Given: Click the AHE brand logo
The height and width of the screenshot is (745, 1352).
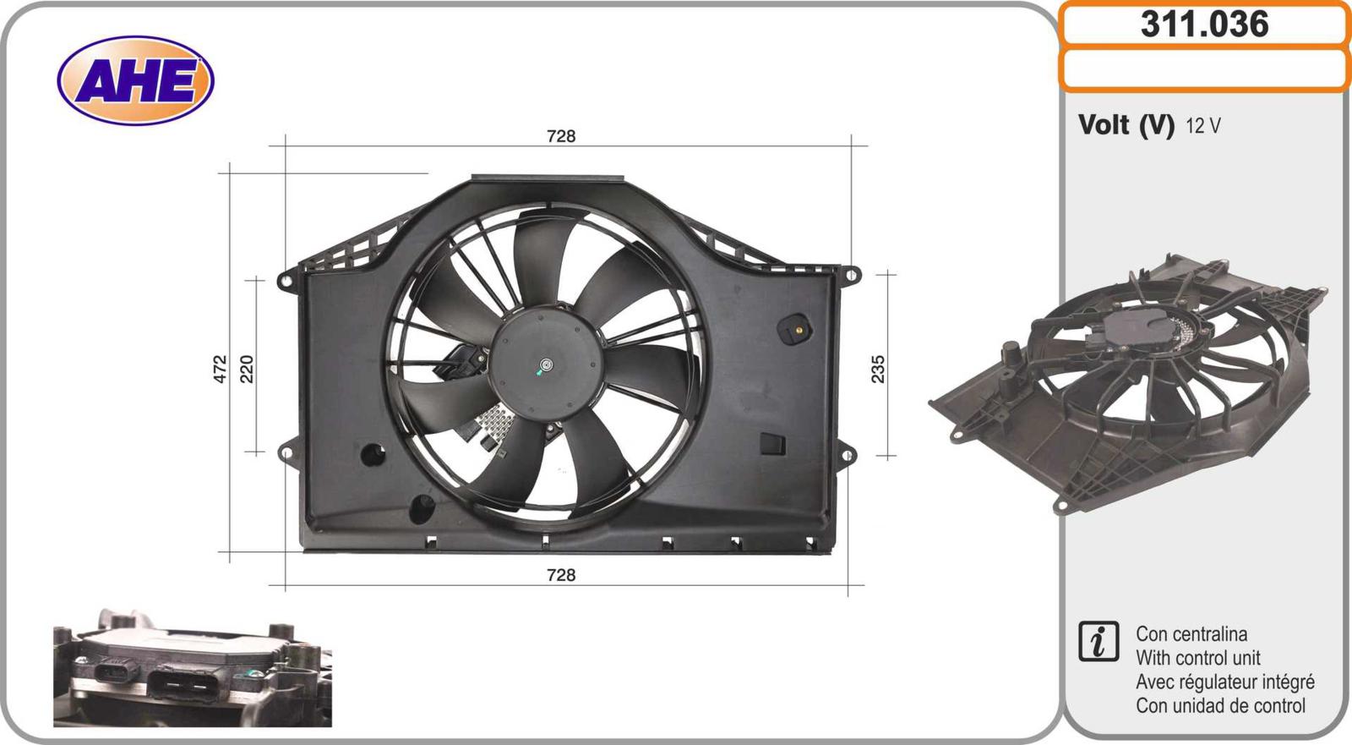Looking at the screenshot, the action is (136, 80).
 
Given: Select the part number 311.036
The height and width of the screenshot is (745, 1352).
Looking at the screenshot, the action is (1205, 25).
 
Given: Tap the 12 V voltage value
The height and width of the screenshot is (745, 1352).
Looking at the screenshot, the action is (1203, 126).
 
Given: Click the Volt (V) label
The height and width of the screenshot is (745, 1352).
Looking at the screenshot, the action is (1126, 125).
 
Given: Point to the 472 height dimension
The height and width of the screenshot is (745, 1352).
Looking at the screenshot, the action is (221, 369).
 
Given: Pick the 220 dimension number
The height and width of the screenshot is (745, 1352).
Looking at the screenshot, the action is (247, 369).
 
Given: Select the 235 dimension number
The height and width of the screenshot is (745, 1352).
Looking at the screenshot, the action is (878, 369).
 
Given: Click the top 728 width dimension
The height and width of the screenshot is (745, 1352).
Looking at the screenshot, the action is (561, 136).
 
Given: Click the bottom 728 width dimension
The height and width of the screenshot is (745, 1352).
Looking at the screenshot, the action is (561, 575).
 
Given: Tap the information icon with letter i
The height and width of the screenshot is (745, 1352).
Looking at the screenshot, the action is (1098, 641).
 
